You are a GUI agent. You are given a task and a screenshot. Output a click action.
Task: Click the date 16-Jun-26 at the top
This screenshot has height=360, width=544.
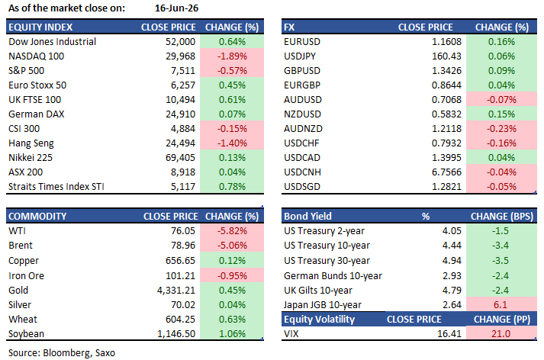point(176,8)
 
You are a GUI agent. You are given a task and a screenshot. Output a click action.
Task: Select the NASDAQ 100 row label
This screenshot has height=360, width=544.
point(36,56)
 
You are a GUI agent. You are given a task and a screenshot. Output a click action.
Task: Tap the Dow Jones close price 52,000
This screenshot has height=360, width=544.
point(180,42)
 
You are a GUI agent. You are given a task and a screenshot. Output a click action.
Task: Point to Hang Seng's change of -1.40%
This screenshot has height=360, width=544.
point(232,143)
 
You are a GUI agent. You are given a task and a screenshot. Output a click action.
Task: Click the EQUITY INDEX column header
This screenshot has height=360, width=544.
point(40,27)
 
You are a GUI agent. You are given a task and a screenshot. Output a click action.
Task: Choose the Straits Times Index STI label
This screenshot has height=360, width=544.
point(56,187)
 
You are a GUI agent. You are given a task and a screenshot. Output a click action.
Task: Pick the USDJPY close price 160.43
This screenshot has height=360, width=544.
point(446,56)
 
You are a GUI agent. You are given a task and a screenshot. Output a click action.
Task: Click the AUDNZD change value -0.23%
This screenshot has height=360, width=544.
point(501,129)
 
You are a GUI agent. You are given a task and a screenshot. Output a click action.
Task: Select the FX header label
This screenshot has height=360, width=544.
point(289,27)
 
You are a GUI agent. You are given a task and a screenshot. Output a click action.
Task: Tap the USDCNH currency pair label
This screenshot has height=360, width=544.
point(302,172)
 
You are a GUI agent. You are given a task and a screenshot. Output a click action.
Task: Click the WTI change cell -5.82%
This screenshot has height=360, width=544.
point(232,230)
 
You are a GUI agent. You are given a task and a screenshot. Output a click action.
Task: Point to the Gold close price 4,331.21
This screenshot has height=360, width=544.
point(176,291)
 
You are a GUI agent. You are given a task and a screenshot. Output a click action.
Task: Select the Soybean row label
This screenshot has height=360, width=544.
point(26,333)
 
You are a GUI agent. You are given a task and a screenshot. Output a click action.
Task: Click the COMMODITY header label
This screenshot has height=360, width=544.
point(37,216)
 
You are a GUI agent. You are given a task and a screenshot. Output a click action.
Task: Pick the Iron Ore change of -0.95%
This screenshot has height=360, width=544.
point(232,276)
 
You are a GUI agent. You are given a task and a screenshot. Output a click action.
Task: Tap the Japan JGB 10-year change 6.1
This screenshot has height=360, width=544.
point(501,305)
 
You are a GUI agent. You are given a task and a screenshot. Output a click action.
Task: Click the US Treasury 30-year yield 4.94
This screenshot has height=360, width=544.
point(452,260)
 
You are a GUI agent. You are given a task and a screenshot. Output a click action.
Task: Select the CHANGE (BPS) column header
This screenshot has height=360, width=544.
point(502,217)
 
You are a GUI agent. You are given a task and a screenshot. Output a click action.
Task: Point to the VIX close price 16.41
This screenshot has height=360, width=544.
point(449,333)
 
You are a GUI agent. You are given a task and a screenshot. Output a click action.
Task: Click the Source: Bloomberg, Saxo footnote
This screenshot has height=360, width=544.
point(62,353)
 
